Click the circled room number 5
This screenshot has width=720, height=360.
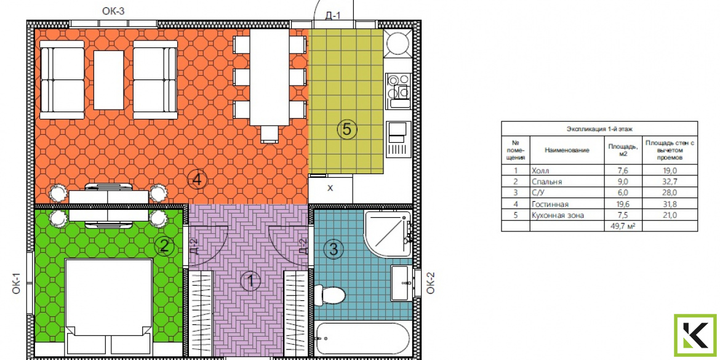346,129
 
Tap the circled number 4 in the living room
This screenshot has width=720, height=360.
197,180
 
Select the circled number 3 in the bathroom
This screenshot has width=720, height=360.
334,249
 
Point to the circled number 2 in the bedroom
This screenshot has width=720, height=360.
165,247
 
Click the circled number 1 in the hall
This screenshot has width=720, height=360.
250,281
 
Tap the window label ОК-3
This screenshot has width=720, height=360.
113,11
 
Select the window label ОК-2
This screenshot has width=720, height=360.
430,283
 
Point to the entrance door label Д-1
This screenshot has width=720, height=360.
332,15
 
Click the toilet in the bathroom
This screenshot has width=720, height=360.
329,294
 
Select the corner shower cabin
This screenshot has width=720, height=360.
388,234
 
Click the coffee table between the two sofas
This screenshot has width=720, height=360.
109,80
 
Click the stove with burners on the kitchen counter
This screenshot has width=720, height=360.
398,90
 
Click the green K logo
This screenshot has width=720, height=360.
695,335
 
